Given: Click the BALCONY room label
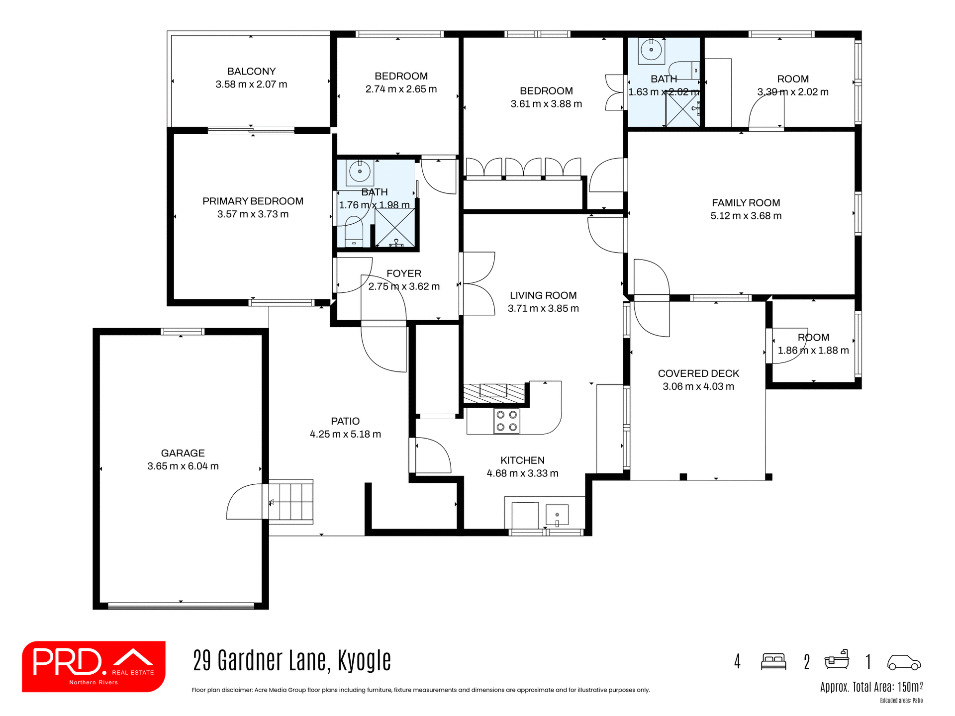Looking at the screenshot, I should tap(251, 72).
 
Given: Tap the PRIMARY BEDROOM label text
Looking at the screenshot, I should tap(253, 201).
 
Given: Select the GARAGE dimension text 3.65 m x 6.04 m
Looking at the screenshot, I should tap(183, 466).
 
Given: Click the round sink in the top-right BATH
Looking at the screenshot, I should tap(651, 50).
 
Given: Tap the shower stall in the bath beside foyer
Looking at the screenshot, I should tap(394, 228).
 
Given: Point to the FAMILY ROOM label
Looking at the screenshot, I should tap(746, 203).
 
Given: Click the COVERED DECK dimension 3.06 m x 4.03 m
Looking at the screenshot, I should tap(698, 387).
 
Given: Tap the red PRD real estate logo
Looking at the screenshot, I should tap(94, 666).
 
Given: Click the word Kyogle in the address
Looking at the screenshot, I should tap(364, 661).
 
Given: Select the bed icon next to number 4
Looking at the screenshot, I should tap(773, 662).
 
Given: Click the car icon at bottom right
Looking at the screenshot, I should tap(904, 662).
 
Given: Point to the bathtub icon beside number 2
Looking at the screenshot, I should tap(837, 660).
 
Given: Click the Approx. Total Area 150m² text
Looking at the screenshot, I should tap(871, 687).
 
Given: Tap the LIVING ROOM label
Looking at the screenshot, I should tap(543, 295).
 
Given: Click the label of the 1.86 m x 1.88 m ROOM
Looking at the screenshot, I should tap(813, 338).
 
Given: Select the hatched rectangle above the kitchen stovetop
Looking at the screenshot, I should tap(494, 393).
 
